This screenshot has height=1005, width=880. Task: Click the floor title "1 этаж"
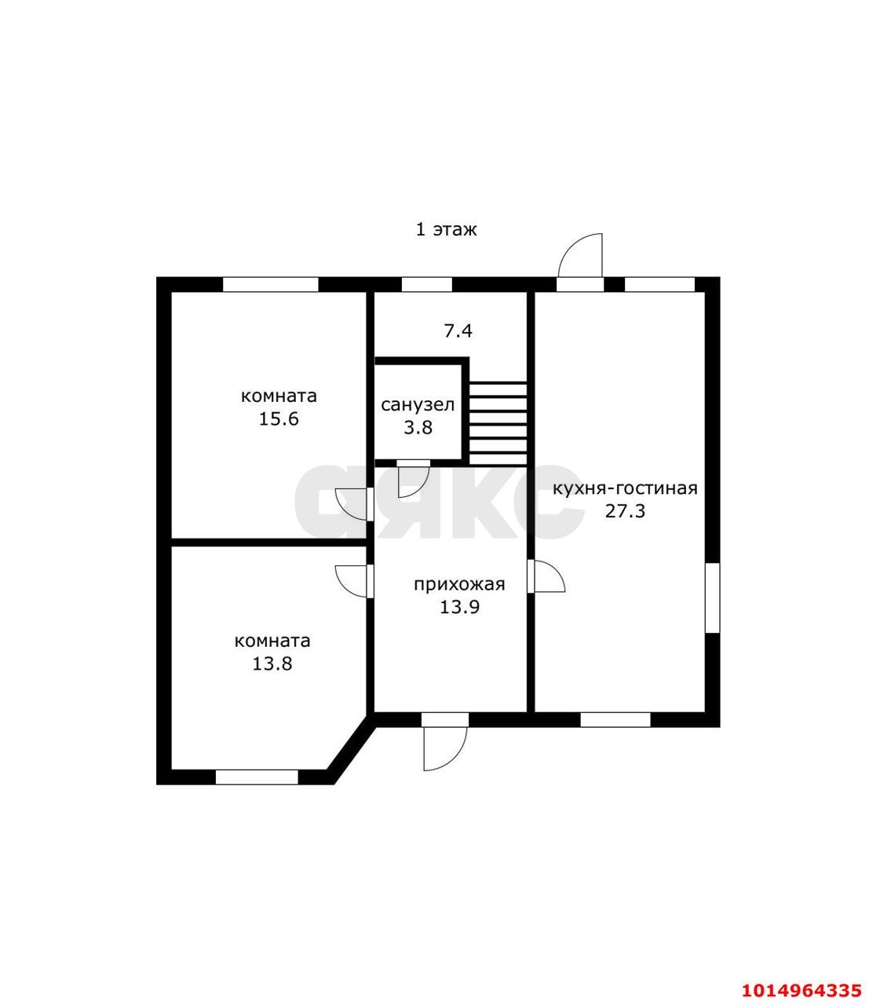click(445, 229)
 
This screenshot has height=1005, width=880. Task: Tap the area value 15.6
click(279, 418)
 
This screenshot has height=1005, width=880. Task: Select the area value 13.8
click(272, 663)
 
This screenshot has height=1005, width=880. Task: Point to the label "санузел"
click(417, 405)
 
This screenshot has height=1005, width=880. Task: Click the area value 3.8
click(418, 428)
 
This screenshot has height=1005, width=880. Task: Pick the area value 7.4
click(458, 331)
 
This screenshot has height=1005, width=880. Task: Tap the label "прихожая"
click(459, 584)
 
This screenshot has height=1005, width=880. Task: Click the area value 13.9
click(459, 607)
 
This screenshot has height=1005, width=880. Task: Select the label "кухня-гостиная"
click(625, 488)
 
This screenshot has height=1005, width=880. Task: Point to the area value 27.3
click(625, 511)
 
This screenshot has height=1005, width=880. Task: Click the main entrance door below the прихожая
click(444, 746)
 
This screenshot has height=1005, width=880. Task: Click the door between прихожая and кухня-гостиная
click(547, 576)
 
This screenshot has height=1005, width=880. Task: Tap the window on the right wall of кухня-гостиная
click(712, 598)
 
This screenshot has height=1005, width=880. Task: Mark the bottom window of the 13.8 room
click(257, 777)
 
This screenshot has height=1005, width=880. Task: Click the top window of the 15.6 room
click(270, 284)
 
